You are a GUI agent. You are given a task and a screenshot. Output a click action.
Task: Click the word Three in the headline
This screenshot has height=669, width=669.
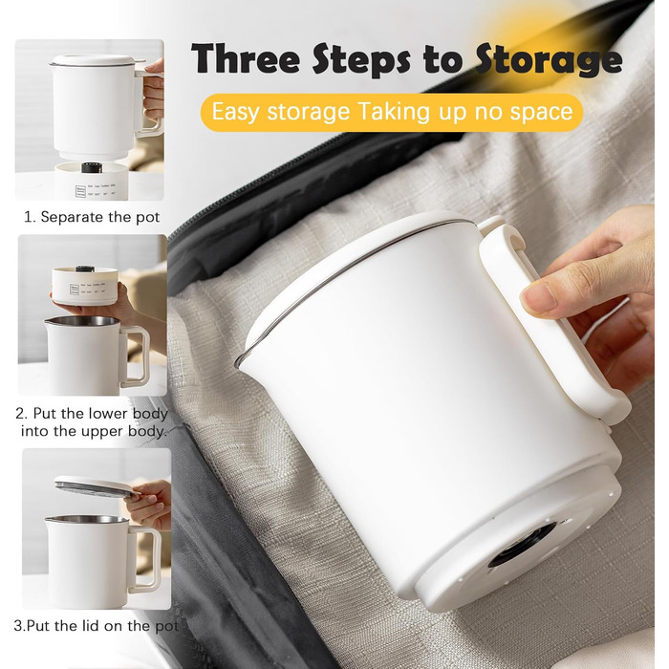tap(247, 59)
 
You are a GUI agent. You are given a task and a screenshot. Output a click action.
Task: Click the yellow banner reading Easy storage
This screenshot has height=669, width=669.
tap(392, 112)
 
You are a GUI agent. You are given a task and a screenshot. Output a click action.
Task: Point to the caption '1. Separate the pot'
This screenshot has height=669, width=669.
tap(92, 217)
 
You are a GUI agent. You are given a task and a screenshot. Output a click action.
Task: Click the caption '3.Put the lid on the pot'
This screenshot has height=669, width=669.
tap(96, 626)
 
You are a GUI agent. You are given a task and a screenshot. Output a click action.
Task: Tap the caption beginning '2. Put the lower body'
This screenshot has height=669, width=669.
tap(92, 422)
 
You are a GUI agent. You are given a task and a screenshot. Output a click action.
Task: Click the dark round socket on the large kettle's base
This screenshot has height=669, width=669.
tap(522, 545)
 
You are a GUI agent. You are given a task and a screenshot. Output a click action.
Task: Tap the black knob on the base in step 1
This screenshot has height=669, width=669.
tap(91, 167)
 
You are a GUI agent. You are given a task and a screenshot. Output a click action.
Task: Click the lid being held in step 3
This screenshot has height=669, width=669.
tap(97, 487)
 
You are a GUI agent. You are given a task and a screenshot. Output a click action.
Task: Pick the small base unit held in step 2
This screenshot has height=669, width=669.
tap(85, 285)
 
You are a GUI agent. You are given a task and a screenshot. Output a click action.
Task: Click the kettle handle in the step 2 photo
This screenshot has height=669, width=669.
tap(137, 356)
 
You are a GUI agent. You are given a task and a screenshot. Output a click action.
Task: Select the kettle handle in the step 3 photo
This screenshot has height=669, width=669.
tap(145, 560)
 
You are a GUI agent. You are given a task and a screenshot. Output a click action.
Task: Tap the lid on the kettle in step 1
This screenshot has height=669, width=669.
tap(93, 60)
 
